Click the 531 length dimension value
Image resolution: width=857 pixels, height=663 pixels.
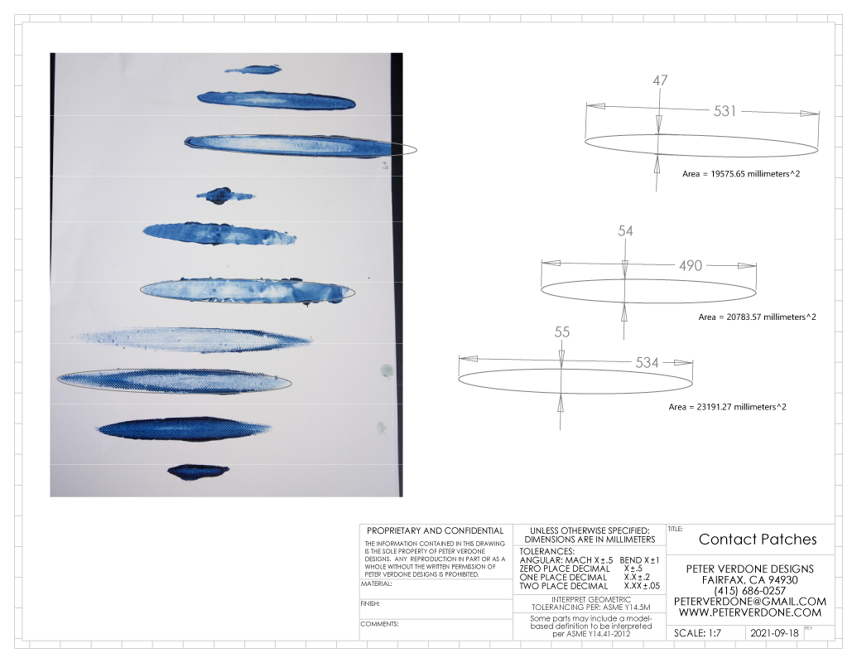(725, 111)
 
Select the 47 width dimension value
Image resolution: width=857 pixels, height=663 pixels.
(660, 80)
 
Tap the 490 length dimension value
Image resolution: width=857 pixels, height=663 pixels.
(691, 266)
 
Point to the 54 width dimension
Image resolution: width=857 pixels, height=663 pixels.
(625, 231)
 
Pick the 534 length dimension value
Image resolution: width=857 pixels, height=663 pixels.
(648, 363)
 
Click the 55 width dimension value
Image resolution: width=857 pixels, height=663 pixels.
(562, 332)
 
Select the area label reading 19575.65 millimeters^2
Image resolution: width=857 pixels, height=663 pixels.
(741, 174)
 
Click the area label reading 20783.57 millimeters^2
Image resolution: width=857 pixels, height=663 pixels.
(757, 317)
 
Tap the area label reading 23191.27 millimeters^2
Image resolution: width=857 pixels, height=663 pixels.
(728, 407)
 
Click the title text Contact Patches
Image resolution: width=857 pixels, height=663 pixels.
(758, 540)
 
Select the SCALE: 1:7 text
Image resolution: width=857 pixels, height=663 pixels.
(697, 633)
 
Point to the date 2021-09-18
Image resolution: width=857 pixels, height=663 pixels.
(774, 633)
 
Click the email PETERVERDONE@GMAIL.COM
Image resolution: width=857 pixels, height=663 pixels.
(750, 602)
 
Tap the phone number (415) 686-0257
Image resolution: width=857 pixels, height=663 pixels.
(750, 591)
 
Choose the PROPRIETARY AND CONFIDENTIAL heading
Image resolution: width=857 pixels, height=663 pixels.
(435, 530)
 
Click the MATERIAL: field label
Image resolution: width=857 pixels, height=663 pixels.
(376, 583)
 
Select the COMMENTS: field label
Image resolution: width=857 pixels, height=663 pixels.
(379, 624)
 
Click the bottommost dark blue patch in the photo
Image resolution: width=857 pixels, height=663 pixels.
(198, 472)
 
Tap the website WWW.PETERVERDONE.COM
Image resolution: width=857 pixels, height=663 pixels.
(750, 612)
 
